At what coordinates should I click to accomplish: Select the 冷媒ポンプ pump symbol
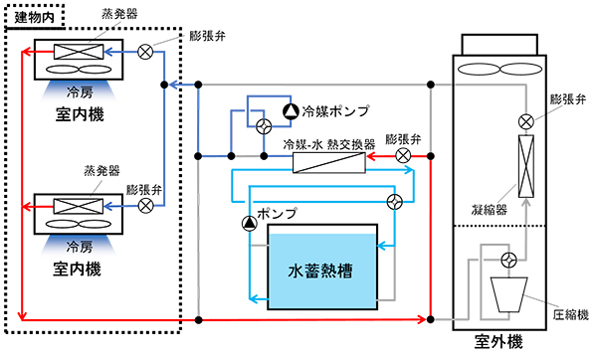point(290,110)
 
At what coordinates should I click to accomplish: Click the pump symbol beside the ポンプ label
point(248,224)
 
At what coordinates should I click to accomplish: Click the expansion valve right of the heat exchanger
point(402,156)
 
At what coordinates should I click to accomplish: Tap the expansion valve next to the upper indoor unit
point(145,51)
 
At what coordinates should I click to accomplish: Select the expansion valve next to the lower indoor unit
point(145,205)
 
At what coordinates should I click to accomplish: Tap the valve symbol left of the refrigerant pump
point(264,126)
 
